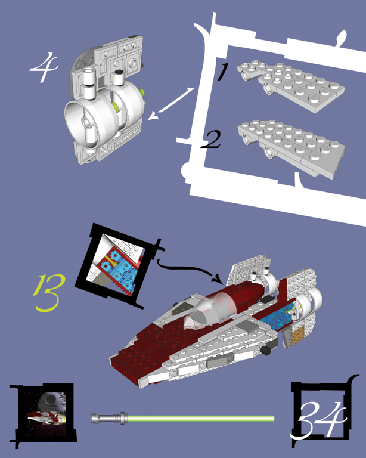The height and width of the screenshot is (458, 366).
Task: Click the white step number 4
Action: pyautogui.click(x=44, y=67)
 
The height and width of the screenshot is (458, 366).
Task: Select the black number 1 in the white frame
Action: pyautogui.click(x=222, y=72)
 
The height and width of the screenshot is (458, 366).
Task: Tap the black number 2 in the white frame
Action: pyautogui.click(x=210, y=140)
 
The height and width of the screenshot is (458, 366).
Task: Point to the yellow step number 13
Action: pyautogui.click(x=49, y=293)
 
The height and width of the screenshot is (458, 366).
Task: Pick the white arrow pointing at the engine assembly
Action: pyautogui.click(x=170, y=104)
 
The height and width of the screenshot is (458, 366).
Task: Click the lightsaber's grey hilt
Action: pyautogui.click(x=109, y=418)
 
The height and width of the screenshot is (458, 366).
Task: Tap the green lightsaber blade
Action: pyautogui.click(x=201, y=419)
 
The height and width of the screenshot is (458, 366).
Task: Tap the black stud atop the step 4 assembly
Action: pyautogui.click(x=118, y=72)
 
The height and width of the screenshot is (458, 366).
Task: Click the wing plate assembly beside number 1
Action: pyautogui.click(x=290, y=85)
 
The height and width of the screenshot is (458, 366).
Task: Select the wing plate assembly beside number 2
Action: pyautogui.click(x=291, y=147)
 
